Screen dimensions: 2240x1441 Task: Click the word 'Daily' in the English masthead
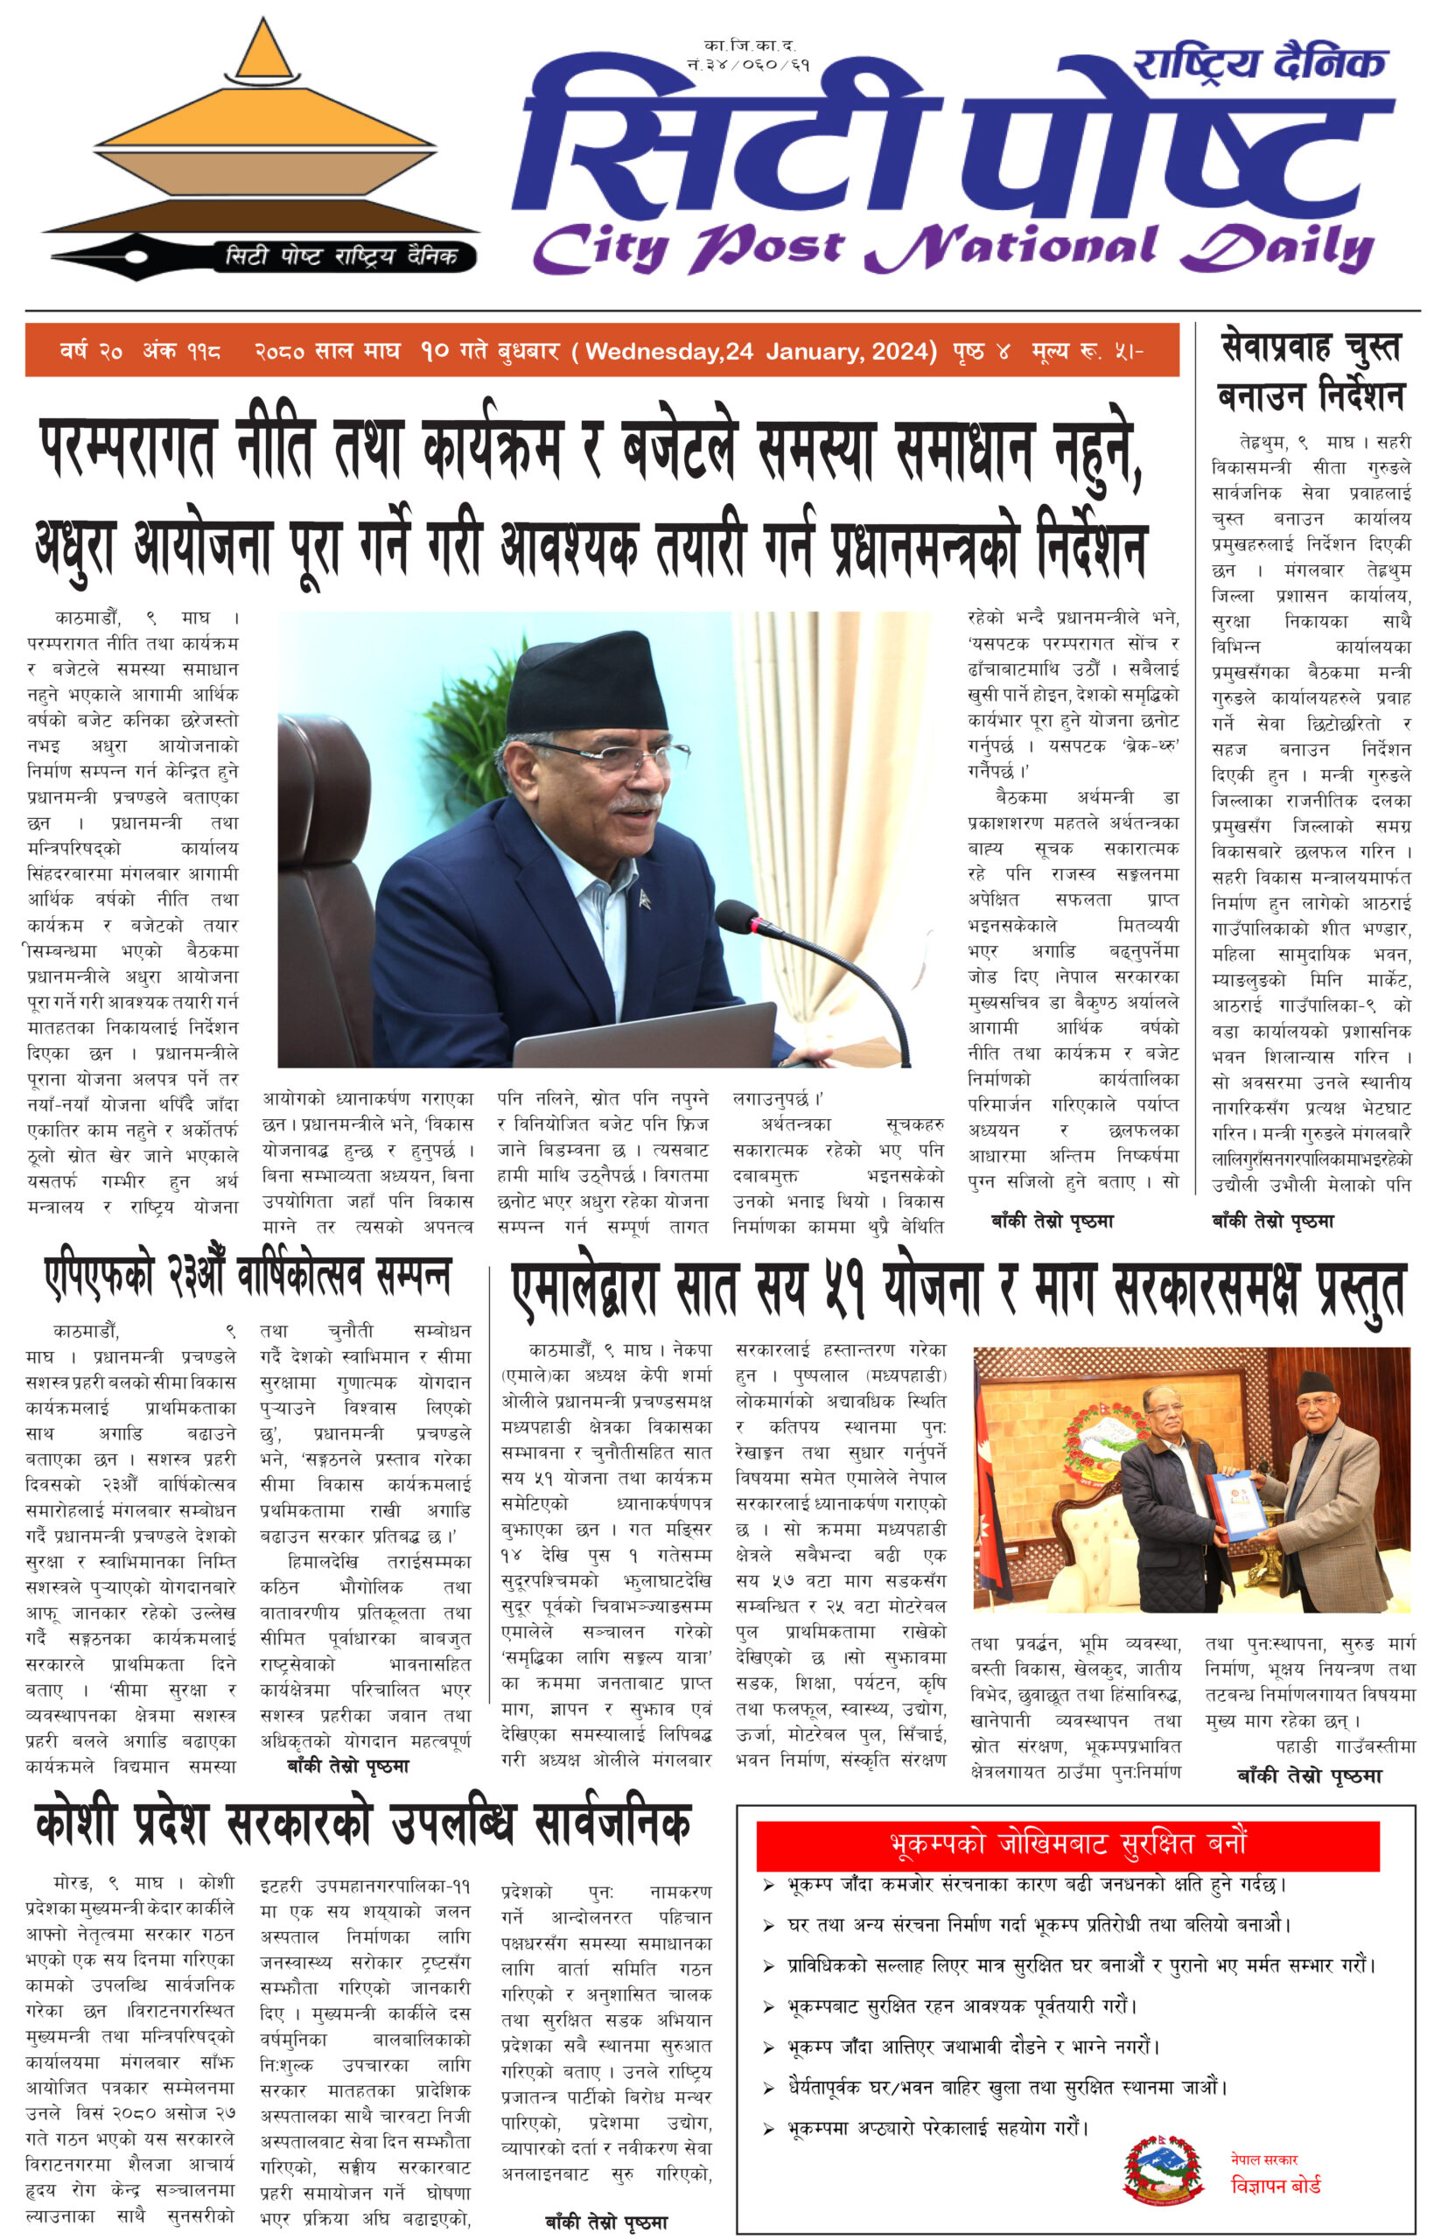point(1277,248)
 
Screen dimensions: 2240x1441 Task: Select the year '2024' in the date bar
point(900,352)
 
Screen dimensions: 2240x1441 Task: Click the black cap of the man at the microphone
point(587,679)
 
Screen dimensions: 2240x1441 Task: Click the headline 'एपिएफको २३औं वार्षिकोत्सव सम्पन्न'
point(248,1278)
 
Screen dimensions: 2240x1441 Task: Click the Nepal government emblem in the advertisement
point(1161,2172)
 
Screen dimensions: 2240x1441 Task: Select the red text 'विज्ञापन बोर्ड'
point(1276,2186)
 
